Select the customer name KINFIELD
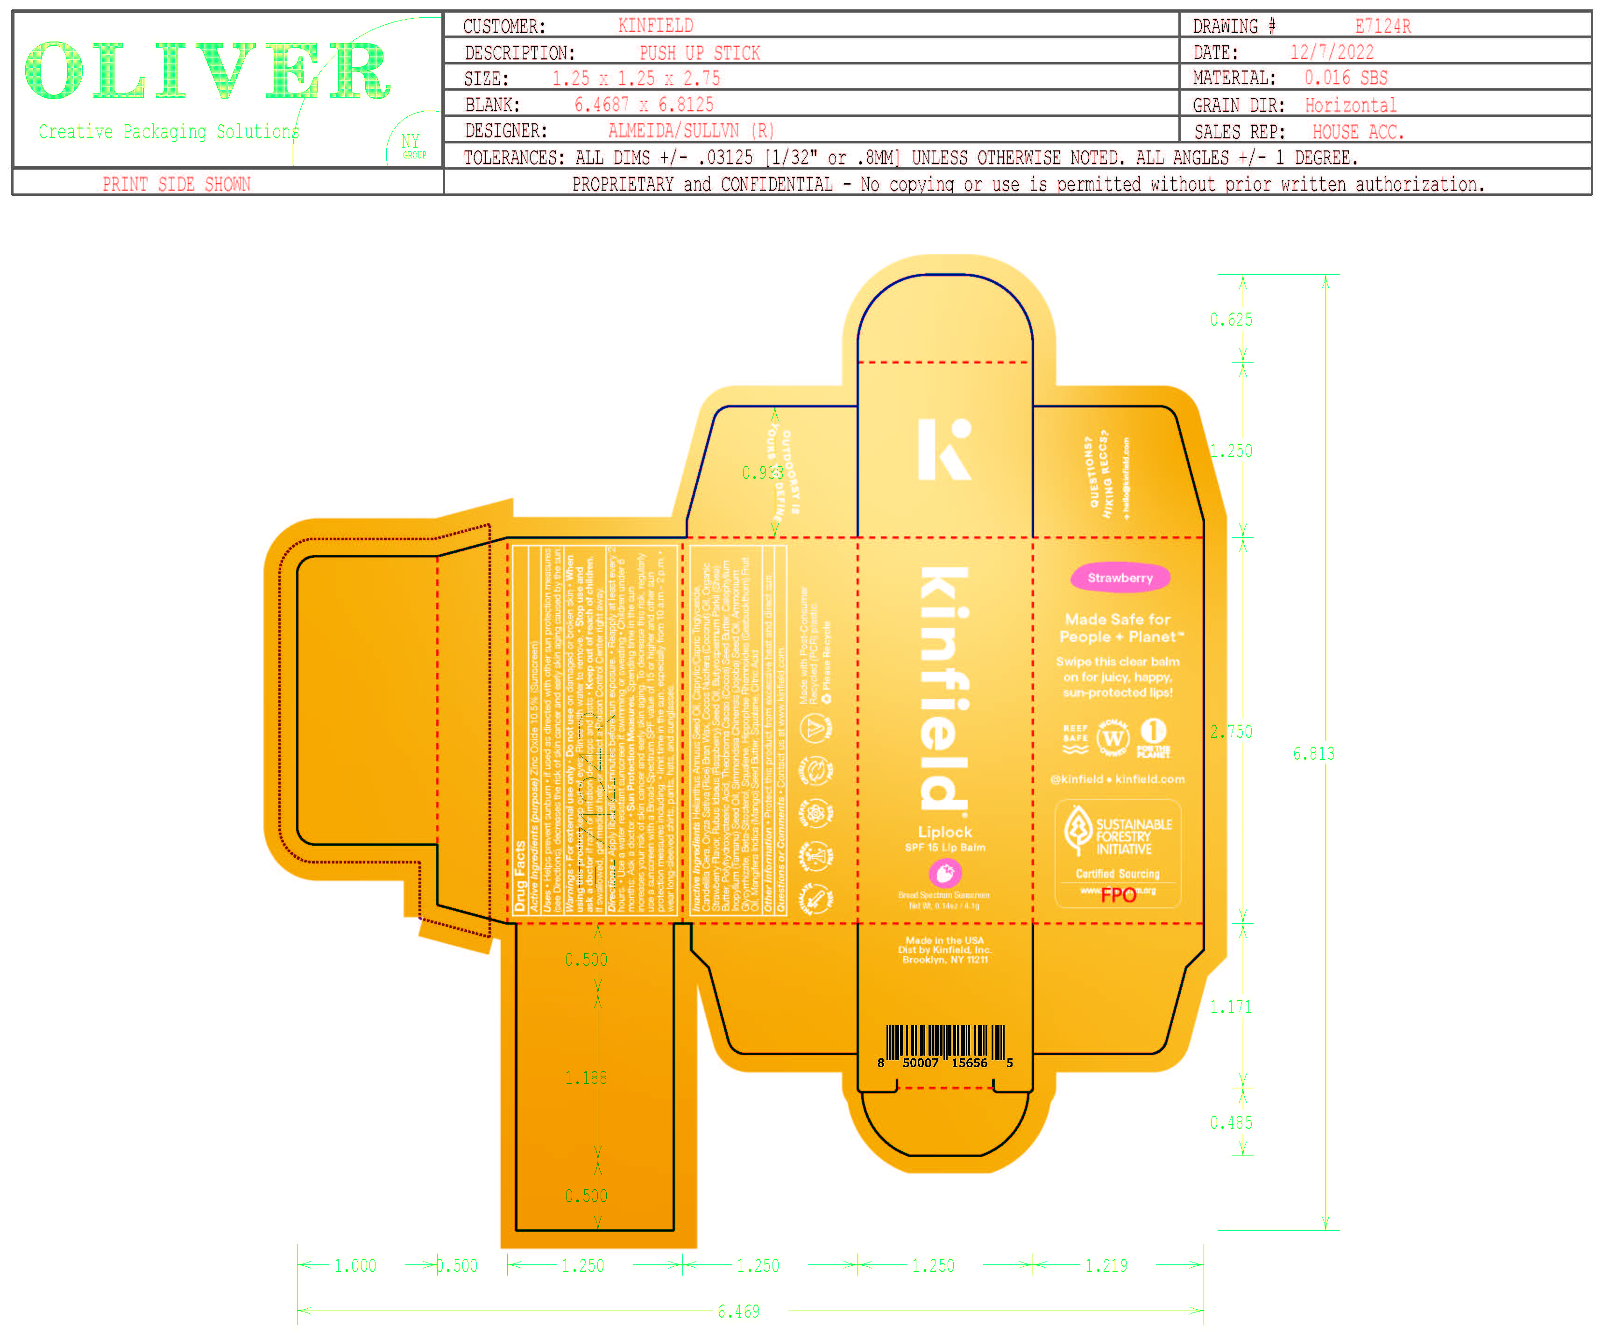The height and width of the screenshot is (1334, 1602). pyautogui.click(x=655, y=26)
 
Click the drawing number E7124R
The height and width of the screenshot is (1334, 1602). pyautogui.click(x=1382, y=27)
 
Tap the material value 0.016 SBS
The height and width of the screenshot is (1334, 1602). pyautogui.click(x=1346, y=78)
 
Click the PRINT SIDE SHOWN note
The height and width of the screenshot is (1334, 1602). pyautogui.click(x=176, y=184)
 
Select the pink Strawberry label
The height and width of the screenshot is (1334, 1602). pyautogui.click(x=1119, y=578)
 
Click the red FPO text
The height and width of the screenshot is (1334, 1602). pyautogui.click(x=1118, y=894)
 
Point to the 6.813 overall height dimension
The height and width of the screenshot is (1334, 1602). pyautogui.click(x=1313, y=753)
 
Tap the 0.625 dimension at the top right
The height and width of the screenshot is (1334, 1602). pyautogui.click(x=1231, y=320)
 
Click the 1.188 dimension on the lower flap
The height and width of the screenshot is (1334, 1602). pyautogui.click(x=586, y=1077)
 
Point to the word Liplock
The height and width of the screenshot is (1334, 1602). pyautogui.click(x=944, y=832)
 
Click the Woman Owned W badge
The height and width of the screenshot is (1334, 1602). pyautogui.click(x=1113, y=737)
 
